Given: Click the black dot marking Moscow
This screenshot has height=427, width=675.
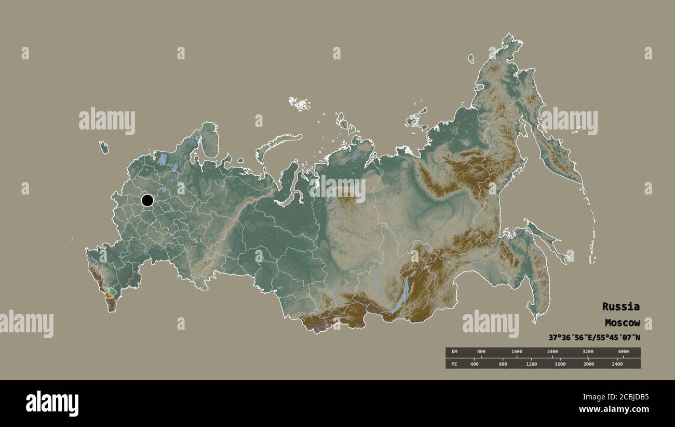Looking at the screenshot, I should tap(147, 200).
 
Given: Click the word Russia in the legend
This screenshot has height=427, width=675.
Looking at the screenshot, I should tap(620, 306).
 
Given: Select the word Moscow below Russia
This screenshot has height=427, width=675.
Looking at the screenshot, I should tap(622, 322).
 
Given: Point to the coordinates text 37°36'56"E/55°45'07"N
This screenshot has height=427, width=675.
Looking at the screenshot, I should tap(594, 337).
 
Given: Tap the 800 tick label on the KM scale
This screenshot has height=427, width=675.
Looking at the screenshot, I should tap(481, 352).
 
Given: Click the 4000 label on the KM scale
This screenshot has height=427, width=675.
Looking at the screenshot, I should tap(623, 352).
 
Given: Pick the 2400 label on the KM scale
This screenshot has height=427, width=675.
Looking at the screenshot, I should tap(552, 352).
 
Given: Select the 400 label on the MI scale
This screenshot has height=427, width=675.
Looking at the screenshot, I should tap(474, 364).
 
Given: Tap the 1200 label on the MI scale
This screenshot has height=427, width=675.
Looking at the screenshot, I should tap(531, 364).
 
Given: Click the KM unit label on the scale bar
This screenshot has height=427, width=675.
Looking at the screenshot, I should tap(454, 352).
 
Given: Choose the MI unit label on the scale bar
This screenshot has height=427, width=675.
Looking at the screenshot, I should tap(454, 364).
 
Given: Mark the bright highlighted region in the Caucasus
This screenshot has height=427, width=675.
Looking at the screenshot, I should tap(111, 292).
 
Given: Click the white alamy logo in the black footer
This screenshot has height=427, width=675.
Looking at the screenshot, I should tap(52, 404).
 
